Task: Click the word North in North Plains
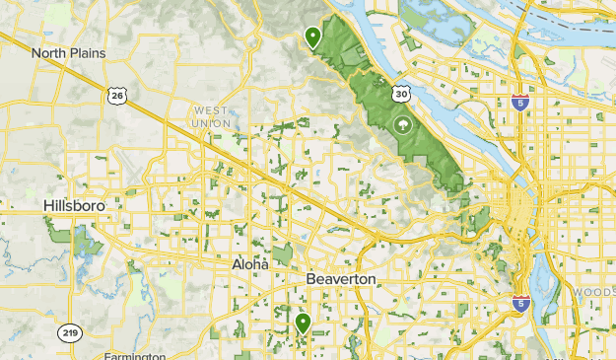(x=49, y=53)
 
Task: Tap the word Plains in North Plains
(x=86, y=53)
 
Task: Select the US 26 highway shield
(x=116, y=95)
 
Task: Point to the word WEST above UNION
(x=210, y=110)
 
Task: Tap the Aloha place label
(x=249, y=264)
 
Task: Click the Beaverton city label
(x=340, y=279)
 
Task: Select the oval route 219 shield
(x=69, y=332)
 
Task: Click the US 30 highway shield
(x=399, y=93)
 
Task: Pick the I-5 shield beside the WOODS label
(x=521, y=303)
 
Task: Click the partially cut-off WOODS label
(x=595, y=294)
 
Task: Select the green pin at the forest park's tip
(x=312, y=37)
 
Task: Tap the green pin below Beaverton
(x=303, y=322)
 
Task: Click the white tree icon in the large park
(x=402, y=125)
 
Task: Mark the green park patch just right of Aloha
(x=283, y=254)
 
